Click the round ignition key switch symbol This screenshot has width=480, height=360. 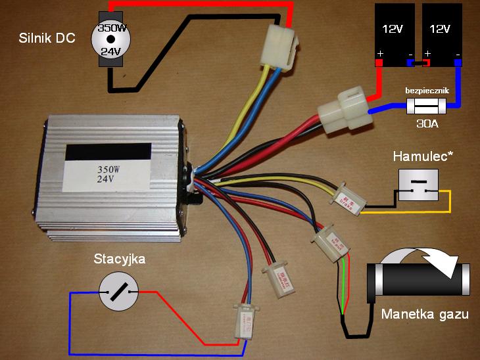pyautogui.click(x=118, y=292)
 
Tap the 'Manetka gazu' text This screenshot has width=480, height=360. pyautogui.click(x=425, y=314)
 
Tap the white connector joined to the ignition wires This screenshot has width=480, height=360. pyautogui.click(x=243, y=321)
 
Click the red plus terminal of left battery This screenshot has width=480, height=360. pyautogui.click(x=379, y=63)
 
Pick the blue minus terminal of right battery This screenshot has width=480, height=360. pyautogui.click(x=458, y=63)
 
